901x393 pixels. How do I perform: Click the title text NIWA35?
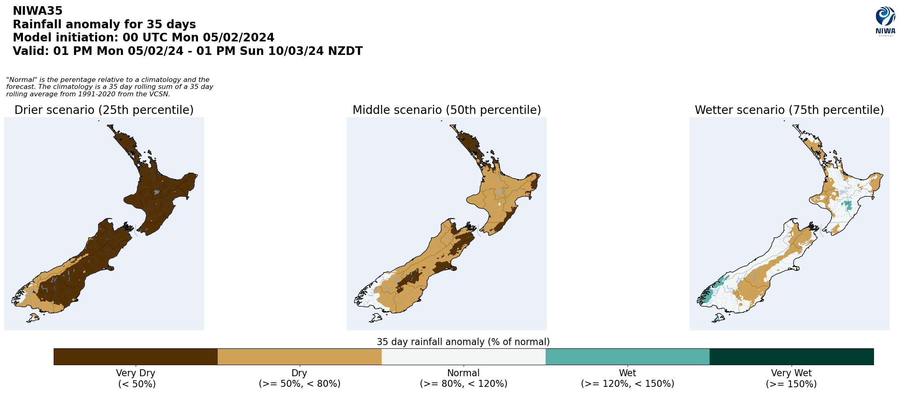click(38, 11)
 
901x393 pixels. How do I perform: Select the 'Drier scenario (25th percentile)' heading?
click(104, 110)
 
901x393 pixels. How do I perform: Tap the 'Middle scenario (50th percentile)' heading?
click(446, 110)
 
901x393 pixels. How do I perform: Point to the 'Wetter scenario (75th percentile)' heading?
click(789, 110)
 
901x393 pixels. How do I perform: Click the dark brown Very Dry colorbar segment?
click(135, 357)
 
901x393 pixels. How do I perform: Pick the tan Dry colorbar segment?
click(299, 357)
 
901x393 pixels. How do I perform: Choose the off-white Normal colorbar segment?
click(463, 357)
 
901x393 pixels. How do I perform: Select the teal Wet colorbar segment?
click(627, 357)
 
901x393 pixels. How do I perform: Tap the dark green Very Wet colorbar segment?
click(791, 357)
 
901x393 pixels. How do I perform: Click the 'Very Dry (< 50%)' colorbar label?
click(136, 379)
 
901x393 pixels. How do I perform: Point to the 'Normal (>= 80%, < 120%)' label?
click(463, 379)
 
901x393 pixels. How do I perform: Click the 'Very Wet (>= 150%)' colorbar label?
click(791, 379)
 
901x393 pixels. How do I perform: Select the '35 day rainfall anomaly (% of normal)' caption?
click(463, 342)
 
